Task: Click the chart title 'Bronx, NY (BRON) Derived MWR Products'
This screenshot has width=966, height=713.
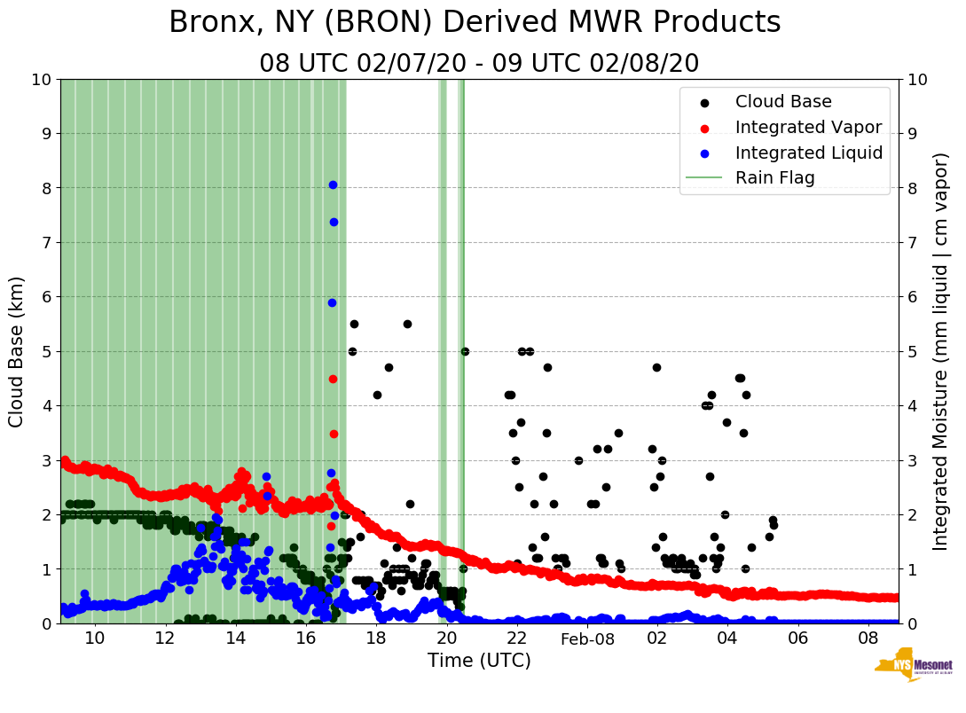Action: (475, 22)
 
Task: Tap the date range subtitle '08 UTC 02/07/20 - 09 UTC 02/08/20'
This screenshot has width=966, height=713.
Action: (479, 64)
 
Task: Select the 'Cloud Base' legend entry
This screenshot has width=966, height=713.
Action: (783, 102)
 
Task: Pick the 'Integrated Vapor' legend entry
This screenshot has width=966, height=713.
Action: (808, 127)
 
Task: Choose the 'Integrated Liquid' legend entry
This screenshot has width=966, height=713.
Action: (808, 153)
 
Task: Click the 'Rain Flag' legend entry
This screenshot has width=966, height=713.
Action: (774, 177)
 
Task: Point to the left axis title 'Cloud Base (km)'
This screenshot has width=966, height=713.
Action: (17, 351)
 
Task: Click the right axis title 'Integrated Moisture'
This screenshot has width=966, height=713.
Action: (941, 351)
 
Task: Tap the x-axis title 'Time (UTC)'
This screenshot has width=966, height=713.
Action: (479, 661)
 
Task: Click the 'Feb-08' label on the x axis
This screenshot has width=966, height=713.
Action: (587, 639)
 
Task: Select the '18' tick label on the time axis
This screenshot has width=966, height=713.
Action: (376, 639)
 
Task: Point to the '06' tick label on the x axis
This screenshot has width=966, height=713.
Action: (797, 639)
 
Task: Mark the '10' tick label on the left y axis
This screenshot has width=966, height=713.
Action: (41, 80)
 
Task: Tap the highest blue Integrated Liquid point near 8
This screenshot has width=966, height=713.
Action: (333, 184)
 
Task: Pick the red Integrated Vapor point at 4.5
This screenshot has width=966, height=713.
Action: (333, 379)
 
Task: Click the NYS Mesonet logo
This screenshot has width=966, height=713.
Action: (913, 669)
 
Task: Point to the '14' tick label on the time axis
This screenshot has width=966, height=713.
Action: (235, 639)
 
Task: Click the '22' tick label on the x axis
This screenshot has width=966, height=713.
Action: (516, 639)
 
